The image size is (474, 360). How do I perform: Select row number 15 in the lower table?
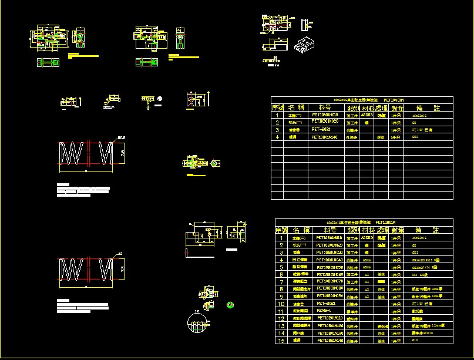point(281,340)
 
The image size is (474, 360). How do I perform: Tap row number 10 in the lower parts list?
point(281,304)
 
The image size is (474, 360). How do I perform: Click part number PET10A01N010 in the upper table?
point(325,116)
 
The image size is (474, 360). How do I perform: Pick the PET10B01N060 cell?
point(329,274)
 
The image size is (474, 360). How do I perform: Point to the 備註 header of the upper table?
point(428,108)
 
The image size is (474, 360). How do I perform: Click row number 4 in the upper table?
point(277,137)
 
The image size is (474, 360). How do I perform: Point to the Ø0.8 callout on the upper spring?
point(122,137)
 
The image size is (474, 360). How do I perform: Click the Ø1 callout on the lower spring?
point(120,254)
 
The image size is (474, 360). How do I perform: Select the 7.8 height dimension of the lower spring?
point(122,269)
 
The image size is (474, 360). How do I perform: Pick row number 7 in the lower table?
point(281,282)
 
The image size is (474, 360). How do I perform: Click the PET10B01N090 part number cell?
point(330,296)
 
